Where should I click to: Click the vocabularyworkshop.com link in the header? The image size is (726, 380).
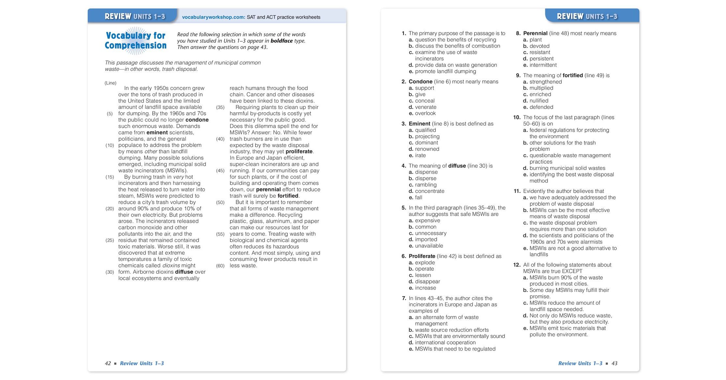(213, 17)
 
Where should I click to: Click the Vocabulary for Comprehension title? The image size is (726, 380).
(135, 40)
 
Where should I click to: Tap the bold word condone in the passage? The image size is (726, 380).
(197, 120)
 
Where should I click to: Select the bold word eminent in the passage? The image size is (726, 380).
(157, 132)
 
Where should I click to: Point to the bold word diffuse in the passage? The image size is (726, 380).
(184, 272)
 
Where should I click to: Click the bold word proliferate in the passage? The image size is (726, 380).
(299, 151)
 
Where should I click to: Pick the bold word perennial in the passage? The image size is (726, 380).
(268, 190)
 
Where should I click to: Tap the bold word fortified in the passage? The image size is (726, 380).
(288, 196)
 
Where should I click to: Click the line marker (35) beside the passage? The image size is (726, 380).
(220, 107)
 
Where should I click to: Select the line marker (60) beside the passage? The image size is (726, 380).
(220, 266)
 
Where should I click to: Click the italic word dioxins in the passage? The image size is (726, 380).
(171, 266)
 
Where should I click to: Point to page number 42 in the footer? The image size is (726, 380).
(108, 363)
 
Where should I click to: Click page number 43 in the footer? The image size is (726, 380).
(614, 363)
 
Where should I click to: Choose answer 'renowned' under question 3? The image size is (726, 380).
(427, 149)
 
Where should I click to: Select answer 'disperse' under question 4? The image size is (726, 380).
(426, 178)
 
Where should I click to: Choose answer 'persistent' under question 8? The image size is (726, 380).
(541, 59)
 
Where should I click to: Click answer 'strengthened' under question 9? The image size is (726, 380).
(546, 82)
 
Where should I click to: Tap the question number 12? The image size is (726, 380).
(517, 265)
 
